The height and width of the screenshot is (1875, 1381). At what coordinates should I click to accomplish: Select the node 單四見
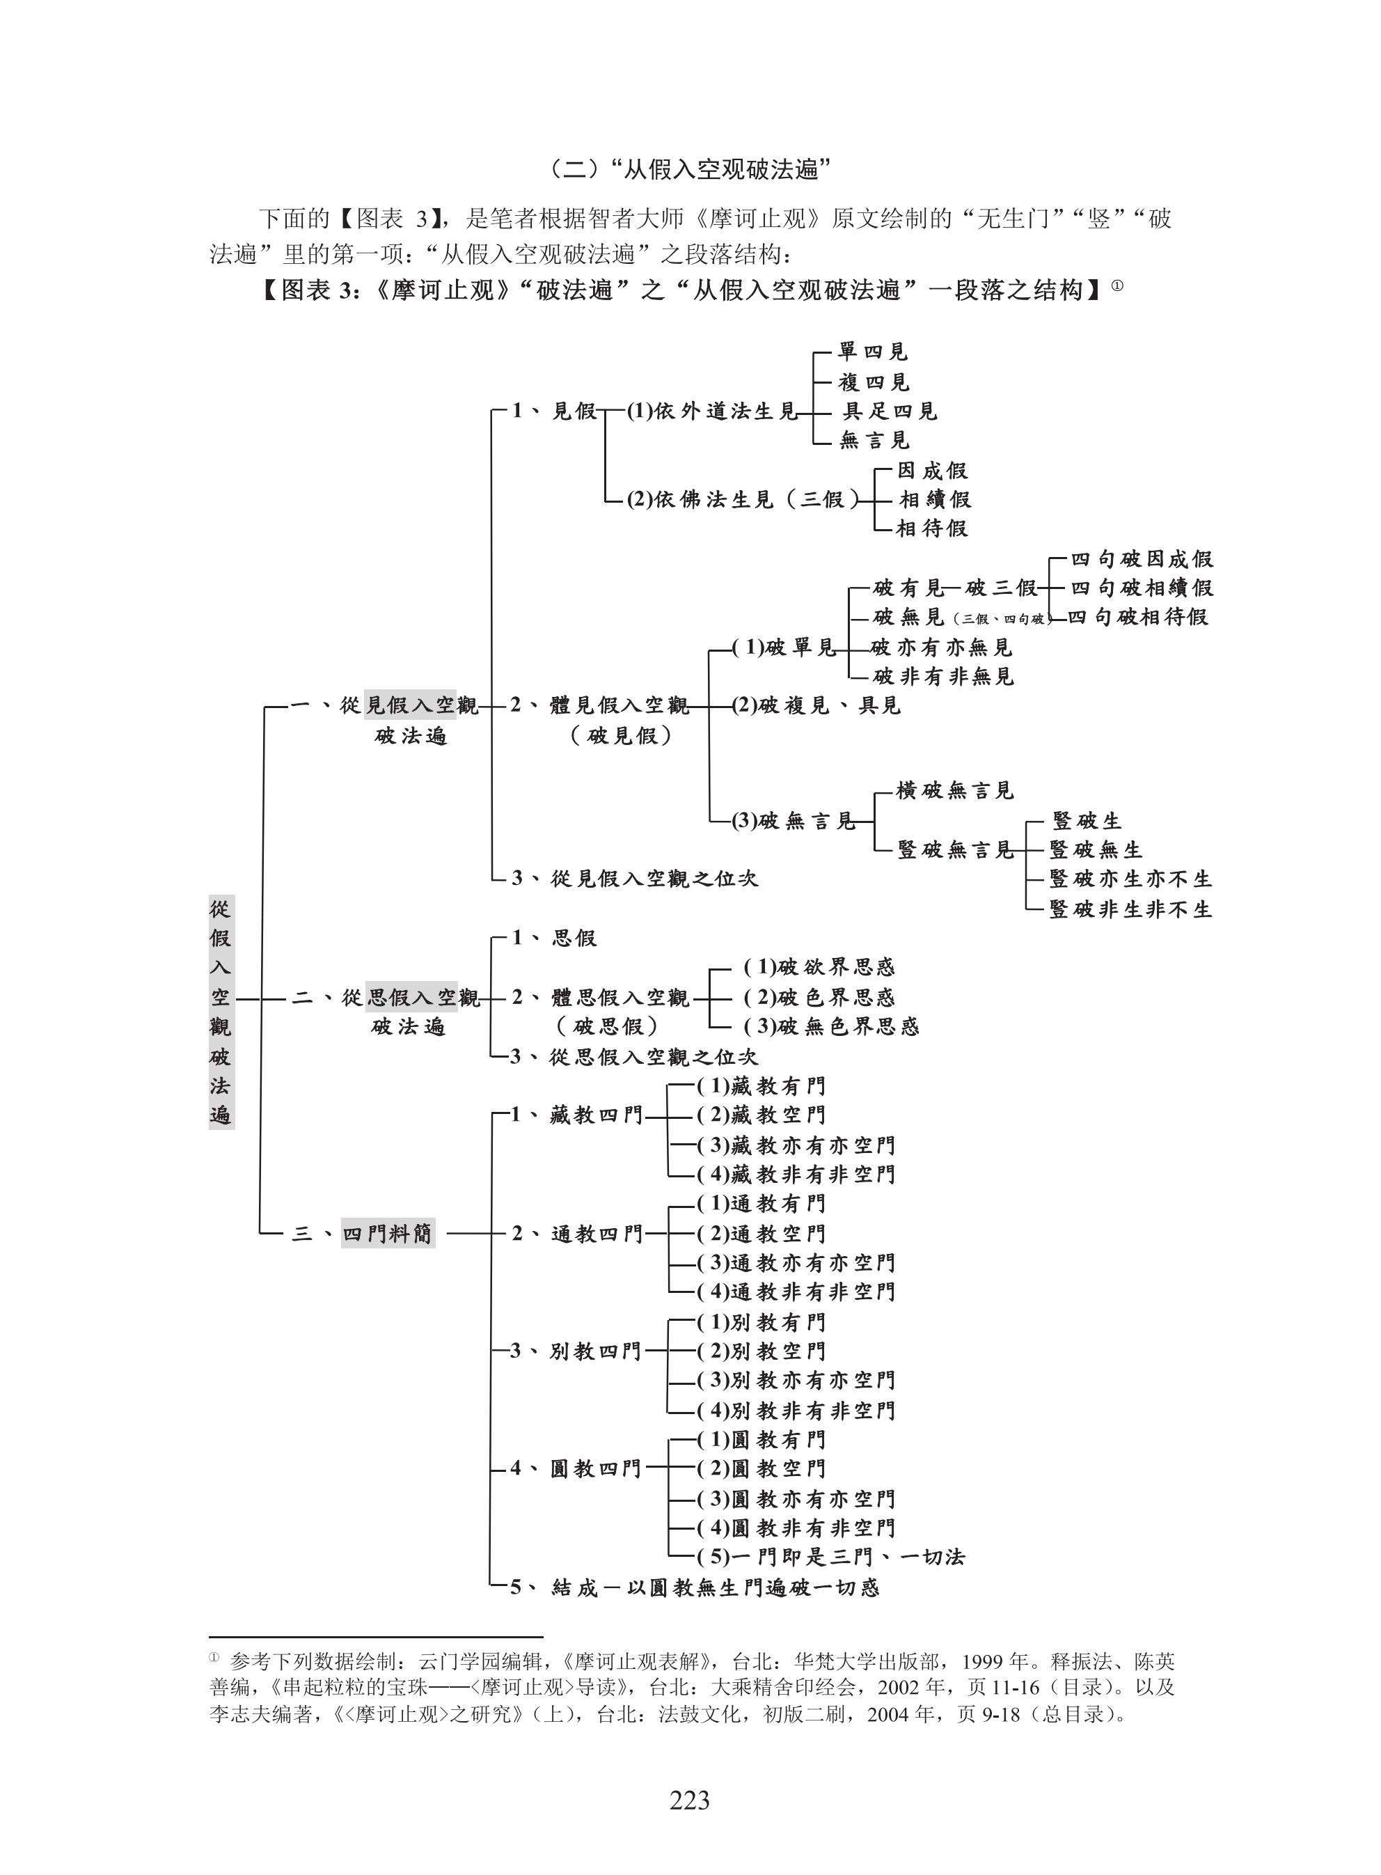pyautogui.click(x=873, y=352)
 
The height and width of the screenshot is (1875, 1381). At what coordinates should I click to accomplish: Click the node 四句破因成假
pyautogui.click(x=1141, y=558)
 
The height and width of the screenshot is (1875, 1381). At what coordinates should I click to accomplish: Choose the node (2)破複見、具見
pyautogui.click(x=816, y=705)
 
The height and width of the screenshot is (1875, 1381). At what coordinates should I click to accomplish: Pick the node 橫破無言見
pyautogui.click(x=955, y=791)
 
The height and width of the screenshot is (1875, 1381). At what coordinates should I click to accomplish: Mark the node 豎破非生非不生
pyautogui.click(x=1130, y=909)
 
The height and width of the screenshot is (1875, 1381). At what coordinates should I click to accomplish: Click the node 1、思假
pyautogui.click(x=555, y=938)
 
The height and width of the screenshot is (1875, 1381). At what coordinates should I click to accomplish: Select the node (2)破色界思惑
pyautogui.click(x=819, y=997)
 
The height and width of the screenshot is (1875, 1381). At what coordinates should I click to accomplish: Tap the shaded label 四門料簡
pyautogui.click(x=388, y=1233)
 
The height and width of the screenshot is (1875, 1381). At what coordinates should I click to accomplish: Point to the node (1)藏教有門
pyautogui.click(x=761, y=1086)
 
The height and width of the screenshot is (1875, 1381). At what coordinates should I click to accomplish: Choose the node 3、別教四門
pyautogui.click(x=575, y=1351)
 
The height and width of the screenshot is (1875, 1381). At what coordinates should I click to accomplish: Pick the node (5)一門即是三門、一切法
pyautogui.click(x=831, y=1557)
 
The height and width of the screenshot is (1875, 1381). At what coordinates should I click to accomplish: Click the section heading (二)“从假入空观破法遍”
pyautogui.click(x=690, y=170)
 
